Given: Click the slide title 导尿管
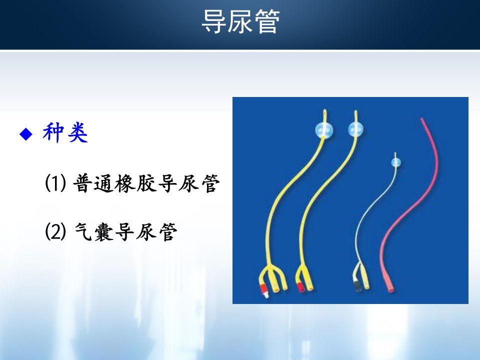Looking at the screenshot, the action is coord(240,21).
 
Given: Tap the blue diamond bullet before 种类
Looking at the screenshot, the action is coord(26,134).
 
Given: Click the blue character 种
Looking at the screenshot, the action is coord(53,132).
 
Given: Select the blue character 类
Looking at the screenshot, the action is coord(78,132).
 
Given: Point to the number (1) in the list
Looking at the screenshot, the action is coord(55,183).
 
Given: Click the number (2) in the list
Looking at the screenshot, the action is coord(55,231).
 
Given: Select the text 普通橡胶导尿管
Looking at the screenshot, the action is coord(146,183).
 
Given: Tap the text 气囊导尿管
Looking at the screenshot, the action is coord(126,231).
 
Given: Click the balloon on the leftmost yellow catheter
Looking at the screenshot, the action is coord(324,130).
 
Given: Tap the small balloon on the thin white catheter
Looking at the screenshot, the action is coord(396,162).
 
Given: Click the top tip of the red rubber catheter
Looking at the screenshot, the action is coord(421,119).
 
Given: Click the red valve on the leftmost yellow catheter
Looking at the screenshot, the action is coord(263,288).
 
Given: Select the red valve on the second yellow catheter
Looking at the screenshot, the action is coord(300,287).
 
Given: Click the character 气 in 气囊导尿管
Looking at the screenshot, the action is coord(83,231).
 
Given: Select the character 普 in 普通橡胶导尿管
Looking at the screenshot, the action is coord(82,183).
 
